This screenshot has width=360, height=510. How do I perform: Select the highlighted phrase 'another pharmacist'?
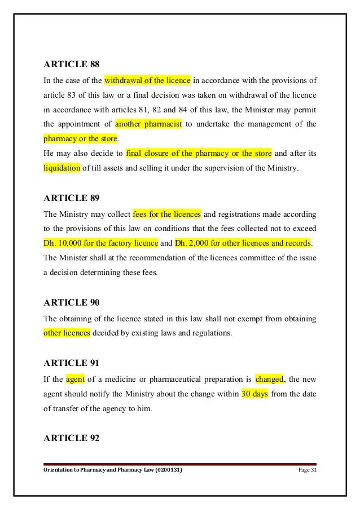click(148, 124)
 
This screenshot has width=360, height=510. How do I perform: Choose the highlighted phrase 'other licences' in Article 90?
click(67, 333)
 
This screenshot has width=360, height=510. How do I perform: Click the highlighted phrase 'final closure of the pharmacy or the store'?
click(199, 153)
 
